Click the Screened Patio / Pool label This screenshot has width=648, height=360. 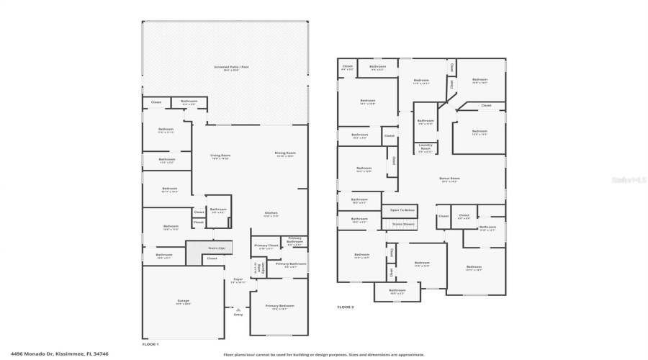click(x=225, y=68)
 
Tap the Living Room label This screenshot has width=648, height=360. click(x=220, y=156)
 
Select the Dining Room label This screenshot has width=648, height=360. click(x=285, y=153)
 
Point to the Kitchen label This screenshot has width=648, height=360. click(x=271, y=213)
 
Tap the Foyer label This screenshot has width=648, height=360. click(x=238, y=280)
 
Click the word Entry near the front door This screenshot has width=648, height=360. click(x=238, y=315)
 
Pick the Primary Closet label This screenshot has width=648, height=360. click(x=266, y=246)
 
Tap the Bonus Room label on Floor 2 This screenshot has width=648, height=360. click(x=449, y=179)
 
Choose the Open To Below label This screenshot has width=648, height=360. click(x=402, y=210)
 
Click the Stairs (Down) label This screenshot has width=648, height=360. click(x=403, y=224)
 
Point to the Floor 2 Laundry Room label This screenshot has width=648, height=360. click(x=425, y=149)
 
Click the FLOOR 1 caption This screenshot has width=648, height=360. click(x=150, y=345)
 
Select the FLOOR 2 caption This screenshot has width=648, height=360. click(x=346, y=307)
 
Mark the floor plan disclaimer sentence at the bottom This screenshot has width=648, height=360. click(x=324, y=354)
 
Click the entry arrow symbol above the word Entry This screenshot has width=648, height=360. click(x=238, y=308)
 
